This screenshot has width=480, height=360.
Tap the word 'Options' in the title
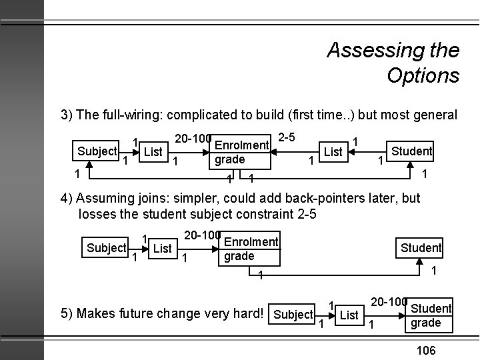[x=423, y=75]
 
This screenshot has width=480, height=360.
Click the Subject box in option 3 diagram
[x=97, y=151]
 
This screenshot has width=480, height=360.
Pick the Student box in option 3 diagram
[x=411, y=151]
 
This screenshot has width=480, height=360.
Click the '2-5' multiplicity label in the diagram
[x=287, y=137]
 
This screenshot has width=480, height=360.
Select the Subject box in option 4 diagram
[x=107, y=248]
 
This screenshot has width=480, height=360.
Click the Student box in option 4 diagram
[x=421, y=248]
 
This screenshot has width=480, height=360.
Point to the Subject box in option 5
[x=293, y=315]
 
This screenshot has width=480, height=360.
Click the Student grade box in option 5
[x=431, y=315]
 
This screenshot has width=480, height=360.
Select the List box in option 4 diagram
[x=163, y=249]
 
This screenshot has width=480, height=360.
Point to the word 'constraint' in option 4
[x=259, y=215]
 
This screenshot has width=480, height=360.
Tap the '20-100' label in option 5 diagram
[x=389, y=302]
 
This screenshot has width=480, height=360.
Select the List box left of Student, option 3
[x=333, y=151]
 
